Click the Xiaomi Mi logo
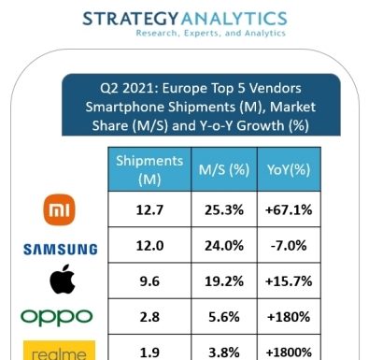pos(59,209)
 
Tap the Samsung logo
pos(61,250)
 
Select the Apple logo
pos(63,280)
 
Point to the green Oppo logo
pos(56,318)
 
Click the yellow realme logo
pos(59,351)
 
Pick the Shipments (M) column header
pos(149,169)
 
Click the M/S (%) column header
pos(224,169)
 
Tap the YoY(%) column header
pos(289,169)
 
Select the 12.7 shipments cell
pos(149,209)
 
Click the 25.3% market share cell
pos(224,209)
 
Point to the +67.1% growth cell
pos(289,209)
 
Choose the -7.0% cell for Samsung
pos(289,246)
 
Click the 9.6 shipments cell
pos(149,281)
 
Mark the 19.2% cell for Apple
pos(224,281)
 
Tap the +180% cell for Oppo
pos(289,317)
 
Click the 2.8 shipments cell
pos(149,317)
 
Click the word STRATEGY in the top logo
pos(131,19)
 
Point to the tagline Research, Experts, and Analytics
pos(211,33)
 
